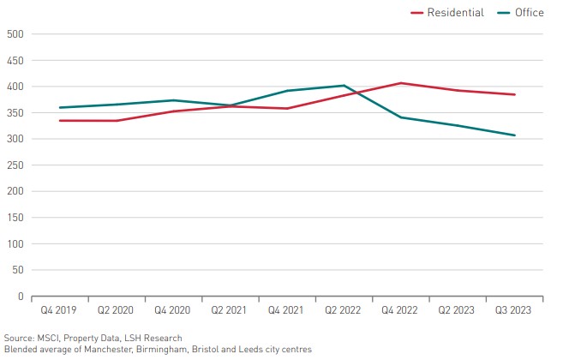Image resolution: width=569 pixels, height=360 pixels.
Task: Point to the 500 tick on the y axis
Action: tap(14, 34)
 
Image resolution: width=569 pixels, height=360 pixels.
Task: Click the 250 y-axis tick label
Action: tap(14, 165)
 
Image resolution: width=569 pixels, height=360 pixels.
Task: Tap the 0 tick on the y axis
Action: tap(19, 297)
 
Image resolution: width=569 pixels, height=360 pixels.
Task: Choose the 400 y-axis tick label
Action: tap(14, 87)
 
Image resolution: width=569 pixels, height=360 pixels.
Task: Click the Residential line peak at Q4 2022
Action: tap(400, 83)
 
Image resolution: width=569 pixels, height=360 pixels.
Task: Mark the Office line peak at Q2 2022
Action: tap(344, 86)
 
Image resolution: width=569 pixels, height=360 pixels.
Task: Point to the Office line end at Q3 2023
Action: tap(514, 135)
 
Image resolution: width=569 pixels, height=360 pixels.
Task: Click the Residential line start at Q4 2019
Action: tap(59, 121)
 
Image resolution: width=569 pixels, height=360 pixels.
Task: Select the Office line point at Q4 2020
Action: tap(173, 100)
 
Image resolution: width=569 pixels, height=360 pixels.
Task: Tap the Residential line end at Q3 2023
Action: tap(514, 94)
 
